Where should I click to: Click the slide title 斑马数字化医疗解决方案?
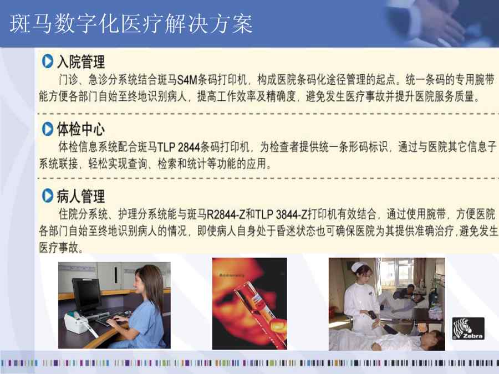point(131,24)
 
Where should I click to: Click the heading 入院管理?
point(81,62)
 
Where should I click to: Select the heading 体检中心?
point(81,129)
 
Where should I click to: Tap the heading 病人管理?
point(81,196)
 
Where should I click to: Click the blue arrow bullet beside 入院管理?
point(48,61)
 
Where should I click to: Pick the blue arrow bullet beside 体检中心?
point(48,129)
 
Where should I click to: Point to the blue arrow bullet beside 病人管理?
point(48,195)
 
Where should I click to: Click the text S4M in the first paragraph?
point(187,79)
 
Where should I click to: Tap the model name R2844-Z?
point(226,214)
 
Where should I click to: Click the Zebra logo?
point(468,328)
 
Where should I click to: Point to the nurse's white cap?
point(359,267)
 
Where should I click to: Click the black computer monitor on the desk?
point(87,296)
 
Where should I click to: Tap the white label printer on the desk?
point(77,322)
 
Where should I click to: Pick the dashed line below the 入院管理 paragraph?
point(268,113)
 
